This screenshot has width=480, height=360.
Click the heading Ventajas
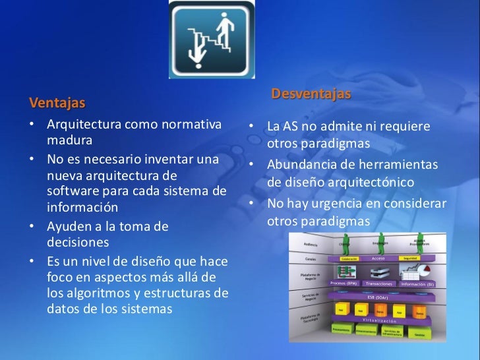[x=57, y=104]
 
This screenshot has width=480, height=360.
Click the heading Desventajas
[x=311, y=95]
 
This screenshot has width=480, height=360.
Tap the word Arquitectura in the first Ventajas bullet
[x=84, y=125]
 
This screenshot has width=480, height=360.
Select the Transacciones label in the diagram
[x=378, y=284]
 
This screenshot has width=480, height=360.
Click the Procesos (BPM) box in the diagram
[x=343, y=284]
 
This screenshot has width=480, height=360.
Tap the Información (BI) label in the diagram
[x=417, y=284]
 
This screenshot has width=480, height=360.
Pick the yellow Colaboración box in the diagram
[x=349, y=259]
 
